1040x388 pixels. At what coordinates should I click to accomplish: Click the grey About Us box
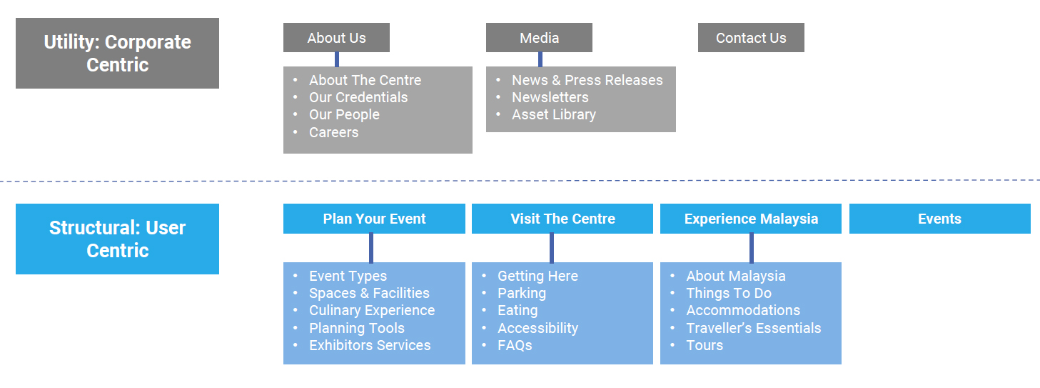tap(337, 38)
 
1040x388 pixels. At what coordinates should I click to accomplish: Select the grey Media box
tap(539, 38)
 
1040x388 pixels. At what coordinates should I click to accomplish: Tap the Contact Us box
tap(751, 38)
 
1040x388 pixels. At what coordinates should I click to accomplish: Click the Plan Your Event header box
tap(374, 219)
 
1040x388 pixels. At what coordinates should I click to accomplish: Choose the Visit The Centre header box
tap(562, 219)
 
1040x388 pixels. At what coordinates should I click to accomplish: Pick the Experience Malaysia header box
tap(751, 219)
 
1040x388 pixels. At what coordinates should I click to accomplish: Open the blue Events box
tap(940, 219)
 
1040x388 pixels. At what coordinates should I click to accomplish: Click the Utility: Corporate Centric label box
tap(118, 54)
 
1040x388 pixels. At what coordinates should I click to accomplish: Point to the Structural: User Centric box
tap(118, 239)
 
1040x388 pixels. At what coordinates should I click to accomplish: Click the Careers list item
tap(334, 132)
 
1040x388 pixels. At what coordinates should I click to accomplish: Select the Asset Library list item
tap(554, 115)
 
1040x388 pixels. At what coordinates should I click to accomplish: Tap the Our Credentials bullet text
tap(358, 98)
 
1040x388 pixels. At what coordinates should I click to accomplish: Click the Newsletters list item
tap(550, 98)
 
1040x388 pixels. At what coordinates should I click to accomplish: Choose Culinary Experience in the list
tap(372, 310)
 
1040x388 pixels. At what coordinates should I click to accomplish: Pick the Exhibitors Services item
tap(370, 345)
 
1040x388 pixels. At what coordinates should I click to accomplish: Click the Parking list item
tap(522, 293)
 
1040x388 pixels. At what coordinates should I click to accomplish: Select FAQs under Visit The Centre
tap(515, 345)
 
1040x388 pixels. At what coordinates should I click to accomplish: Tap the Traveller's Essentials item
tap(754, 328)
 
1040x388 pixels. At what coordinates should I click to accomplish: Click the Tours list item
tap(705, 345)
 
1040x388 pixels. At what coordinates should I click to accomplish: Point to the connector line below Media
tap(540, 59)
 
